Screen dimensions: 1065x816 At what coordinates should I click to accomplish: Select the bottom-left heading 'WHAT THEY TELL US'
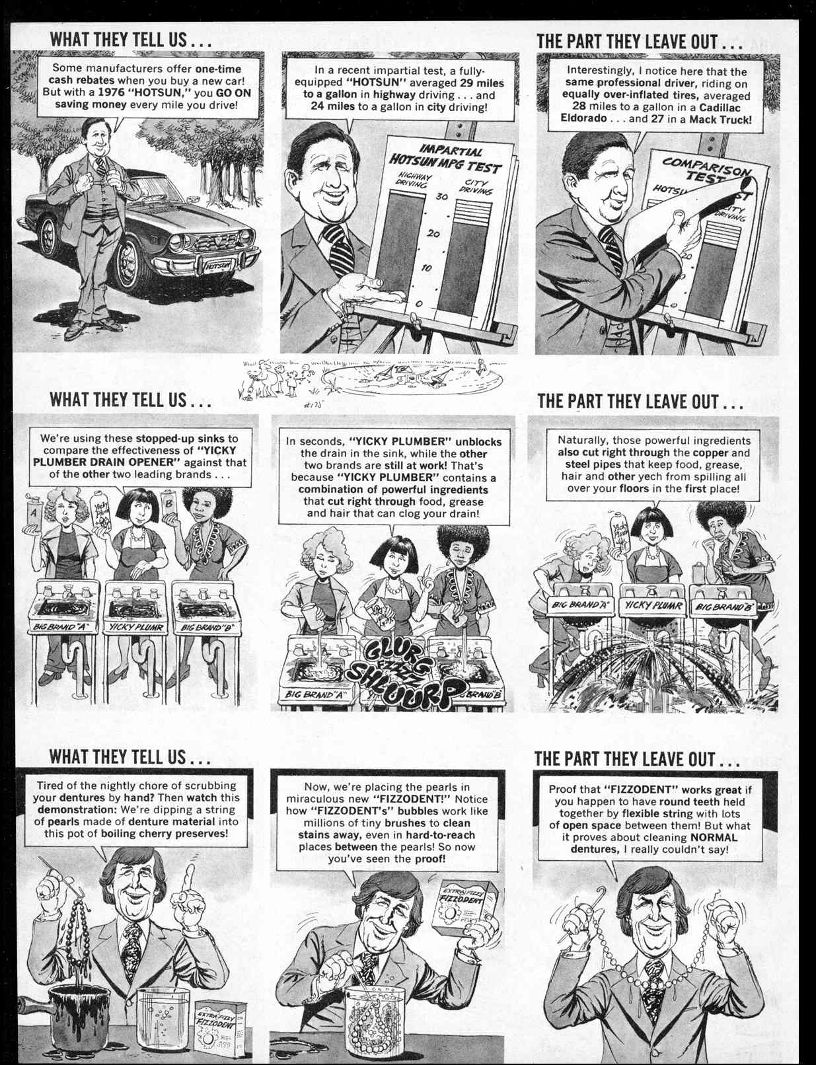point(130,756)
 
